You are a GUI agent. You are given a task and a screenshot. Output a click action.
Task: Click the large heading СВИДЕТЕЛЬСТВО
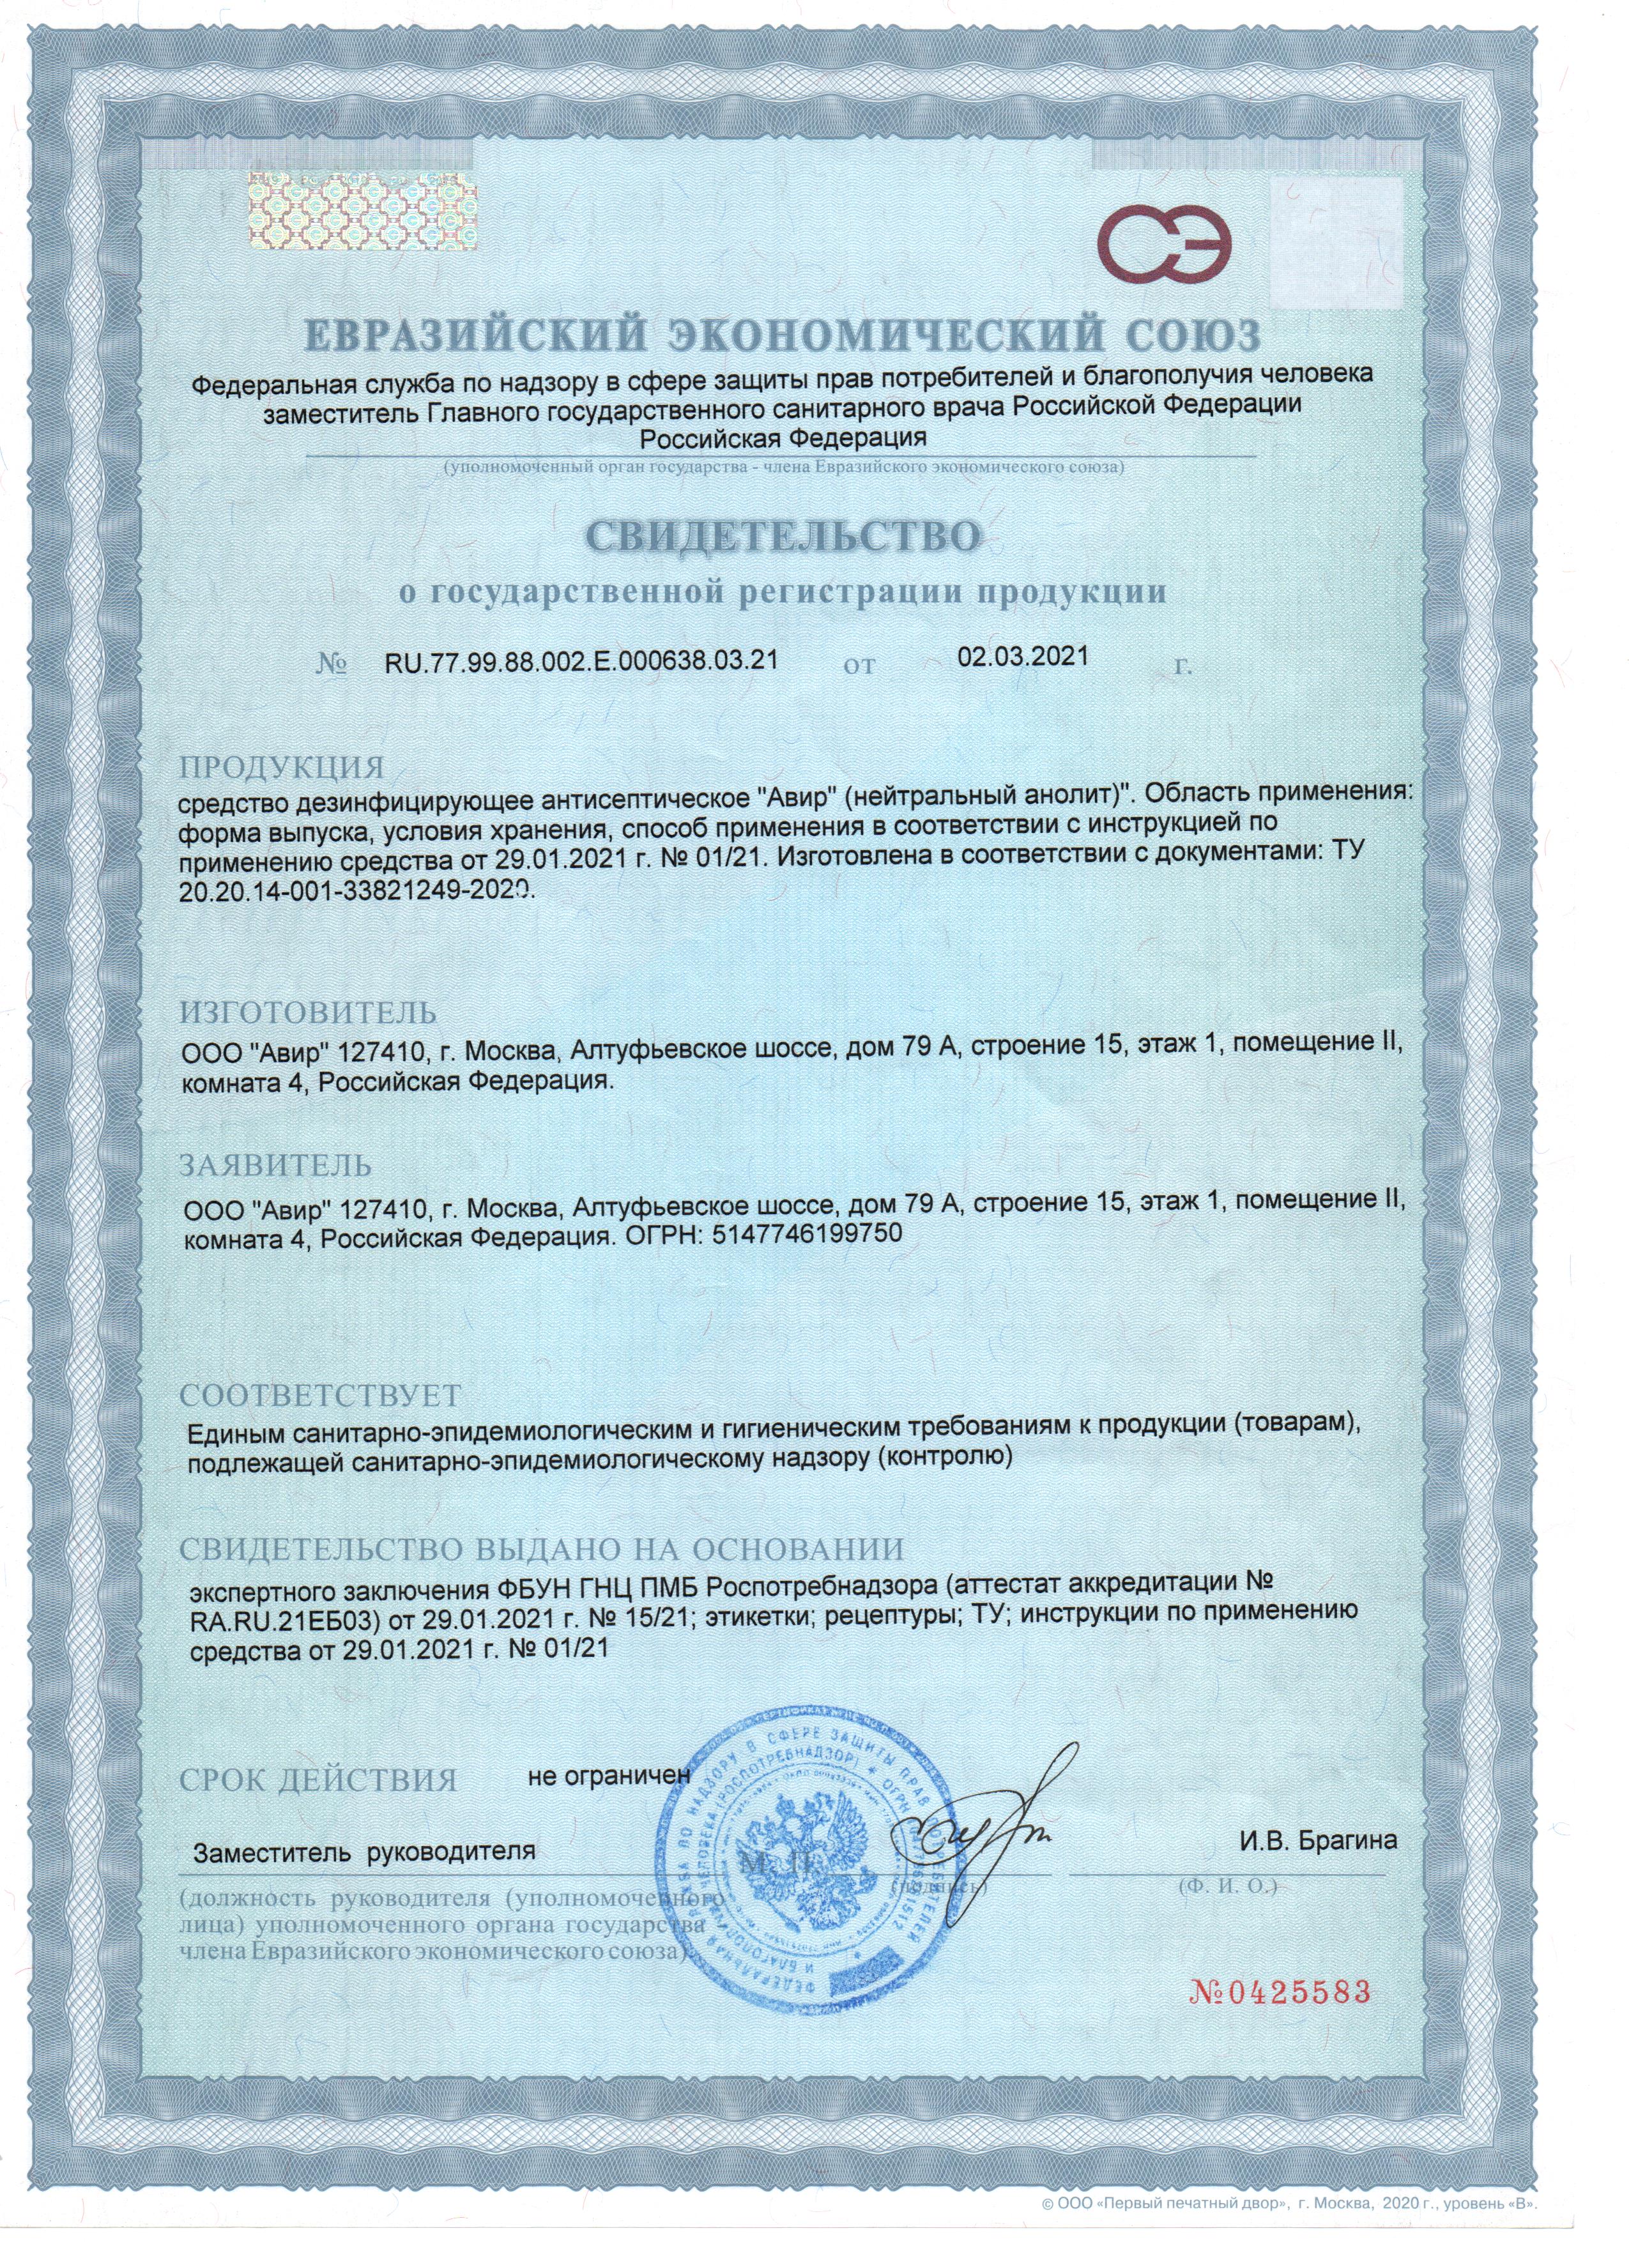(x=786, y=536)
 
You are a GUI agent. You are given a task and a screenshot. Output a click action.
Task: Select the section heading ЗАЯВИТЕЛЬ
(x=276, y=1166)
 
